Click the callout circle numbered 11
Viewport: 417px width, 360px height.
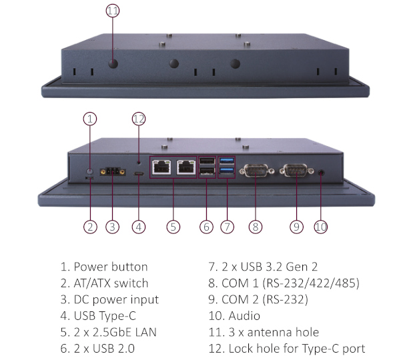pos(112,11)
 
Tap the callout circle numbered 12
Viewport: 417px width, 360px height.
pos(138,119)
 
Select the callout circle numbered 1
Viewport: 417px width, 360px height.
pos(90,119)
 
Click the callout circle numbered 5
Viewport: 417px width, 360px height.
pos(173,227)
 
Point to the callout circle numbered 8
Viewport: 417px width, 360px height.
pos(254,227)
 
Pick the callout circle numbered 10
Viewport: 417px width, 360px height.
pos(321,227)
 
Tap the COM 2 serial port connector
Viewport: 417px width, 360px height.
pos(296,172)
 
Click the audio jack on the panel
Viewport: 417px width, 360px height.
pos(324,172)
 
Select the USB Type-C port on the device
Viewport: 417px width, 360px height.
pos(139,174)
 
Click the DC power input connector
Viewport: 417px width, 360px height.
pos(111,173)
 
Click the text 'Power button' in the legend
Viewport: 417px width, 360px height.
pos(110,267)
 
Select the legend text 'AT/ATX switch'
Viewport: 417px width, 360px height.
pos(111,283)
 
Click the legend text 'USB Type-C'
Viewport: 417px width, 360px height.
pos(107,316)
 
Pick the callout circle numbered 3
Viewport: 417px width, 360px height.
pos(112,227)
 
